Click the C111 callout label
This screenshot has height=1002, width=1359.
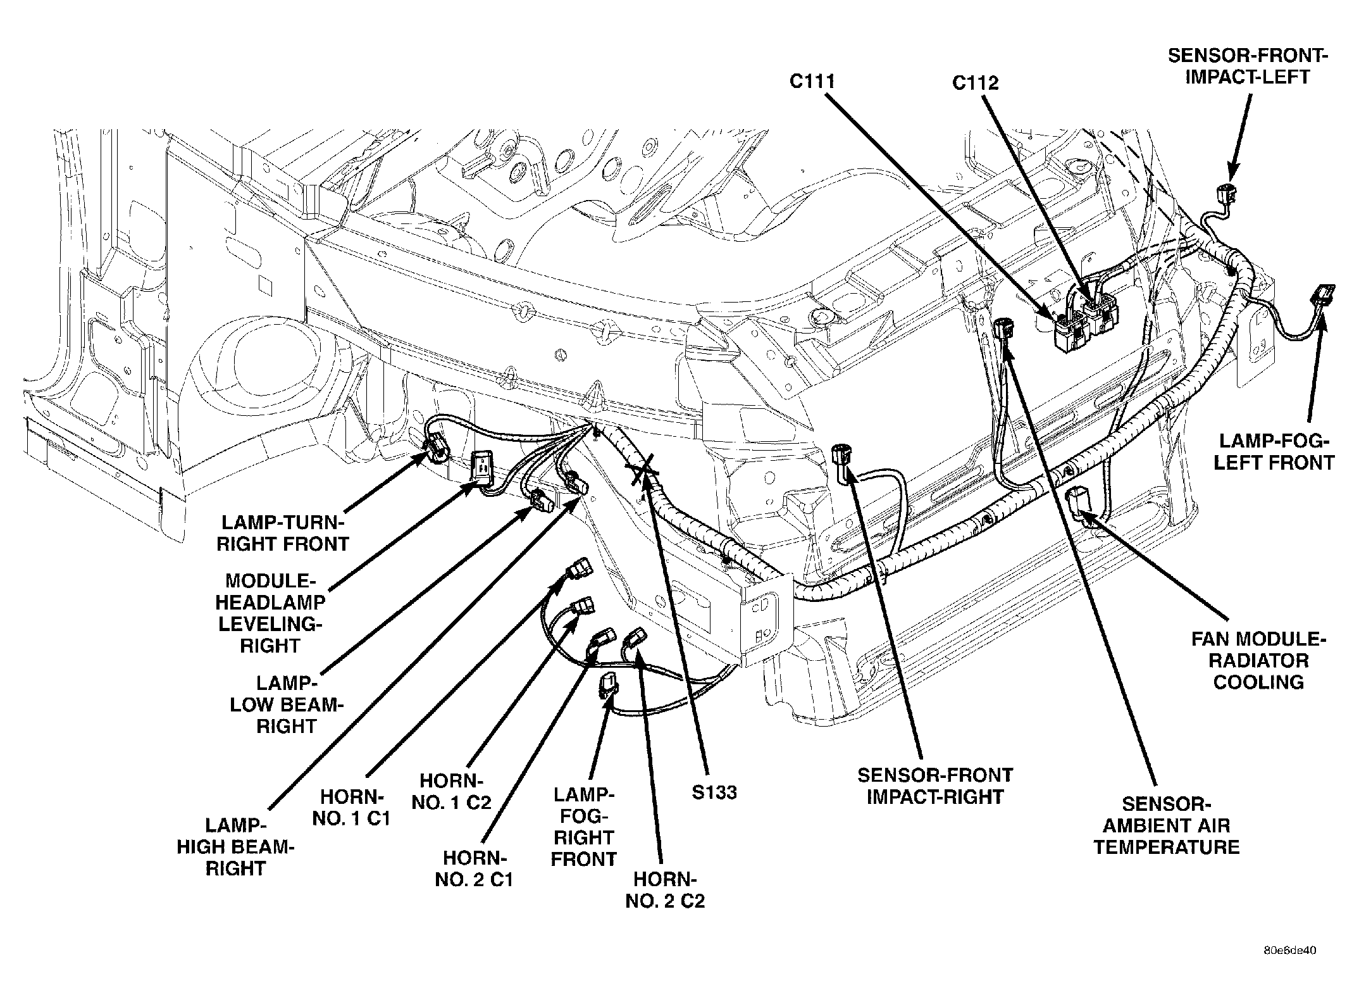point(812,82)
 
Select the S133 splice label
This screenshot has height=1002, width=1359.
point(714,792)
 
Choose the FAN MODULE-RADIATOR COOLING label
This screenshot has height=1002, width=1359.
point(1258,661)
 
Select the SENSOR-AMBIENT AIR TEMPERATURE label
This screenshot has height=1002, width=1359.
point(1167,825)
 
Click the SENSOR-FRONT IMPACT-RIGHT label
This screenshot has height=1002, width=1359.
point(934,786)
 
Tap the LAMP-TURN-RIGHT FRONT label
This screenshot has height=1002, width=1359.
point(282,533)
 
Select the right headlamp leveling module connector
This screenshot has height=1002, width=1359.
point(484,470)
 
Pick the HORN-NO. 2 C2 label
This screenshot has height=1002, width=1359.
point(665,889)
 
